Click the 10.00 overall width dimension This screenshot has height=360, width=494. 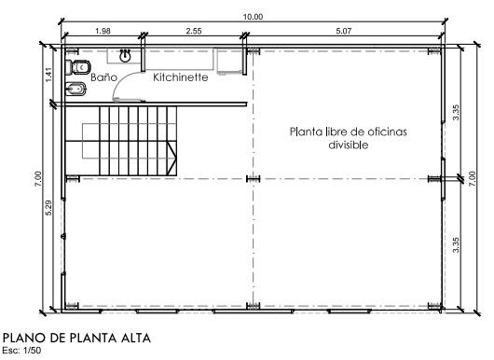tap(253, 17)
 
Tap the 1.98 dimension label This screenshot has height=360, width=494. tap(103, 31)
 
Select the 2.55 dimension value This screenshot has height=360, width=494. tap(194, 31)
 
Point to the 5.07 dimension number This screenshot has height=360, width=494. tap(343, 31)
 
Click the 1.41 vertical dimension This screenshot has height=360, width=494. tap(48, 75)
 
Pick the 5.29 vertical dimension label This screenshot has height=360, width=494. tap(48, 208)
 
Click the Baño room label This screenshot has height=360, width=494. tap(104, 76)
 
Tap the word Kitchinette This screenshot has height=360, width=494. tap(181, 76)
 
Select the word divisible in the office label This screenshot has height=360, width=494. tap(349, 145)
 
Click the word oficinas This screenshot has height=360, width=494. tap(385, 132)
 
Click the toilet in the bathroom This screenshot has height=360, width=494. tap(78, 67)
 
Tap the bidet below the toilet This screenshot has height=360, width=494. tap(75, 90)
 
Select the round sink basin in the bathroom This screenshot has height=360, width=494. tap(125, 57)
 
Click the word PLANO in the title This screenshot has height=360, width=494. tap(24, 338)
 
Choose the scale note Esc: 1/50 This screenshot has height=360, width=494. tap(21, 351)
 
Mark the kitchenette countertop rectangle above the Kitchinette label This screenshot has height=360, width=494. tap(179, 59)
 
